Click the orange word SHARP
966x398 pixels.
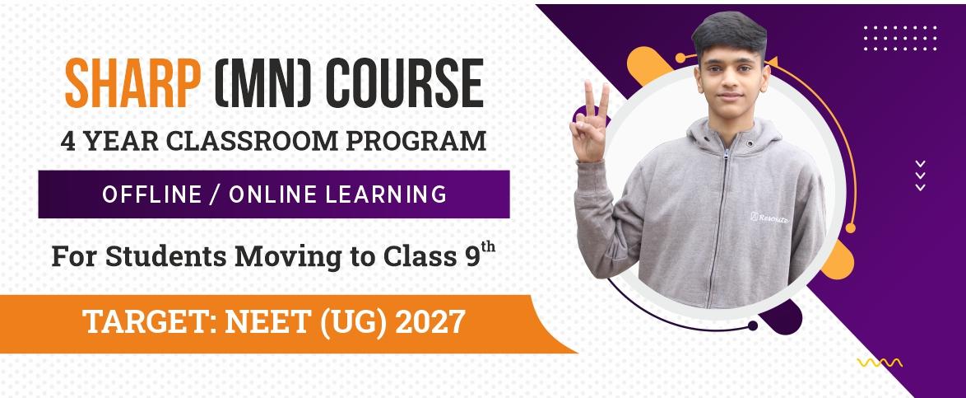tap(132, 83)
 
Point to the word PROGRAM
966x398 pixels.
tap(416, 141)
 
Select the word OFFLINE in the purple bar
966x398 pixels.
tap(151, 195)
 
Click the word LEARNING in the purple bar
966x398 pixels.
tap(386, 195)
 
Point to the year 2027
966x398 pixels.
tap(430, 323)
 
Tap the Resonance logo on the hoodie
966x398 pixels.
tap(769, 218)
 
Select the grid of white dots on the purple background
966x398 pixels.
tap(900, 38)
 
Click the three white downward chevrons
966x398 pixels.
tap(921, 176)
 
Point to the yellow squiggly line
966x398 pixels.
tap(880, 363)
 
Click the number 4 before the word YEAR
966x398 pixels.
tap(68, 141)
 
